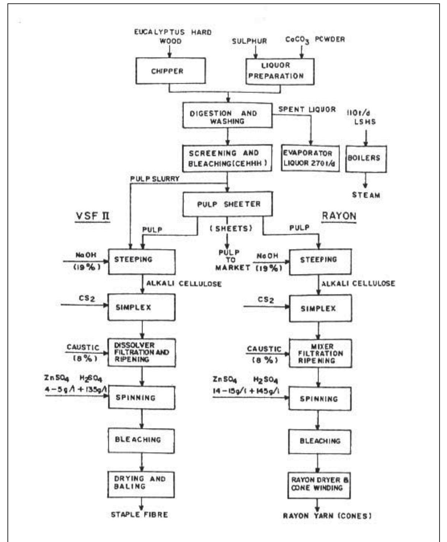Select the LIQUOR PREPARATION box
click(280, 71)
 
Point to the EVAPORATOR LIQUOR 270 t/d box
click(310, 158)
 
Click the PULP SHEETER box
click(228, 204)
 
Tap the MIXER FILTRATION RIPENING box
click(320, 353)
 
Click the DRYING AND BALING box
click(141, 484)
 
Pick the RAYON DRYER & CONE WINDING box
click(319, 485)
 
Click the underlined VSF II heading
click(91, 216)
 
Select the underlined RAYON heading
click(338, 216)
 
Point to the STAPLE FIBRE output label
click(139, 515)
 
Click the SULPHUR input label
click(249, 41)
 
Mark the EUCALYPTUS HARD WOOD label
click(173, 36)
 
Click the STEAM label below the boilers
click(366, 195)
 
